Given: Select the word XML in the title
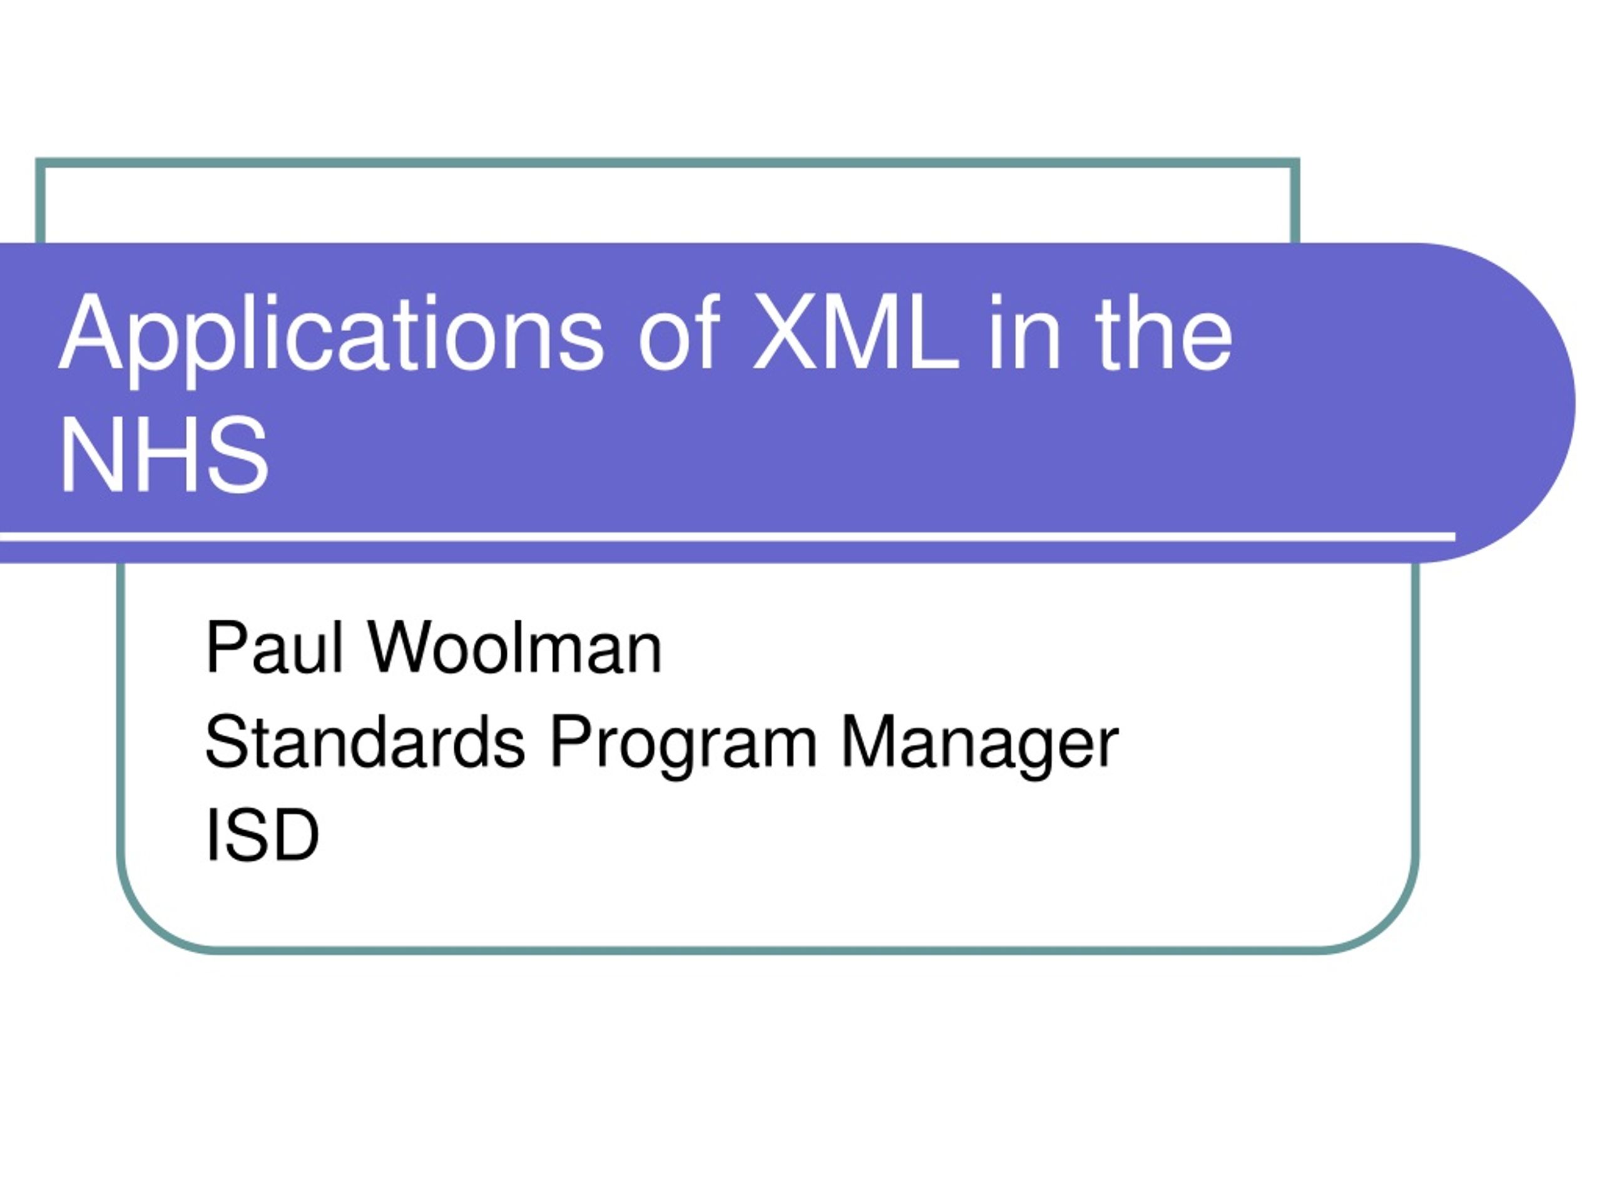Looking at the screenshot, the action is tap(856, 332).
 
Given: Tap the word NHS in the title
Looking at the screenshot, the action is tap(165, 456).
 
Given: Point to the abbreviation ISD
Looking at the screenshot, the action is tap(262, 834).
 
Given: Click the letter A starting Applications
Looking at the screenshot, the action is tap(91, 332).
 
